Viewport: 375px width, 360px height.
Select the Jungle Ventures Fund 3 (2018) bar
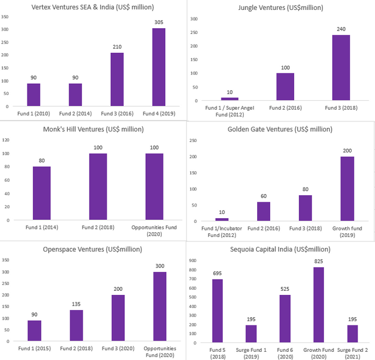[x=341, y=68]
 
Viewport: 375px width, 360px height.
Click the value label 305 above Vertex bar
[x=159, y=22]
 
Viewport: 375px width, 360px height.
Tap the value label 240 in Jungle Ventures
[x=341, y=29]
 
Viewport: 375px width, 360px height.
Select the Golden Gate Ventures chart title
[x=281, y=128]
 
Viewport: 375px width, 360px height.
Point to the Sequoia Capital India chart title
[x=279, y=249]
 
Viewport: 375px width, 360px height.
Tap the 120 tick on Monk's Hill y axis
[x=6, y=140]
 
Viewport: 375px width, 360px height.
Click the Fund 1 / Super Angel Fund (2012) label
[x=229, y=111]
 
